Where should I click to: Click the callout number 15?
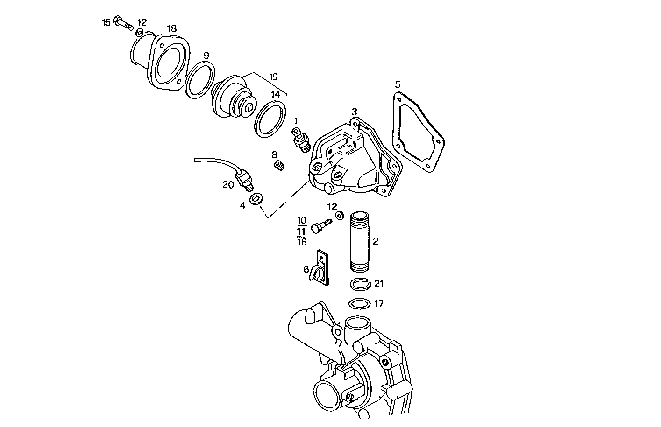point(107,22)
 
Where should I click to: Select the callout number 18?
point(171,29)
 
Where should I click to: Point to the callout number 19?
point(274,77)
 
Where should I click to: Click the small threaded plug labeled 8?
point(280,165)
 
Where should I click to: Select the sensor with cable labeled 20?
point(244,179)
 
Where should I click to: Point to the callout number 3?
point(355,112)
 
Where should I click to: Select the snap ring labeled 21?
point(360,283)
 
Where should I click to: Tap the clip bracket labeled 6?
point(320,268)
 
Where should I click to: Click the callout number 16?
point(302,242)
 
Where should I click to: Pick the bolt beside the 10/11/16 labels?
point(321,225)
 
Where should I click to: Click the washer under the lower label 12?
point(340,215)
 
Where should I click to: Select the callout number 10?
point(302,220)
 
